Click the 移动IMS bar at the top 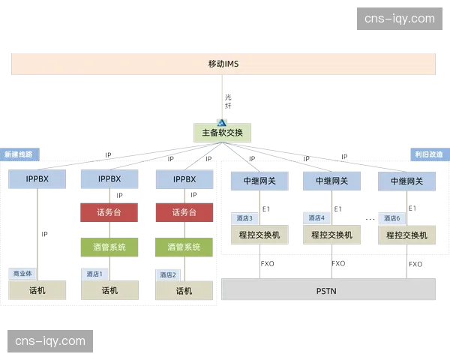[222, 63]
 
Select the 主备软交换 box [222, 132]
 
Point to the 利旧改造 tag [428, 154]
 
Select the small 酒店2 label [167, 274]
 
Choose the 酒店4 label [316, 218]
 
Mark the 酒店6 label [391, 218]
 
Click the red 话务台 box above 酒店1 [109, 212]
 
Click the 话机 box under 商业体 [37, 290]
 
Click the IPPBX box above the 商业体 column [37, 180]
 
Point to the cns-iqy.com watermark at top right [398, 18]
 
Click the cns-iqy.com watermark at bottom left [50, 341]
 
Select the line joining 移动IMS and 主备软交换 [223, 97]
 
